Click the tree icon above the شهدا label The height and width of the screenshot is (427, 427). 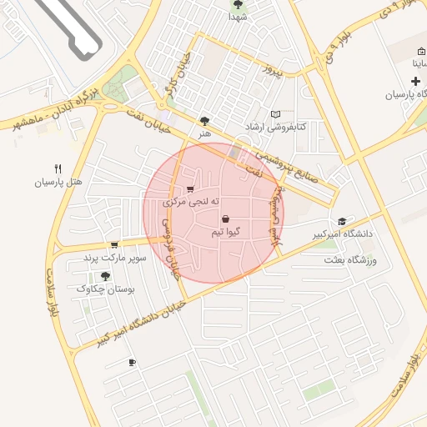pos(238,4)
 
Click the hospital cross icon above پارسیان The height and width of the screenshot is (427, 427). pos(415,82)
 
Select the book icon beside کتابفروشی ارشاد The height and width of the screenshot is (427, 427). pos(276,114)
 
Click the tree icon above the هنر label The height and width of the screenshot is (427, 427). pos(205,122)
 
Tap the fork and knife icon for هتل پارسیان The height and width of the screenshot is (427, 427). pos(58,168)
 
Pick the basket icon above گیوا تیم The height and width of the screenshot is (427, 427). pos(226,218)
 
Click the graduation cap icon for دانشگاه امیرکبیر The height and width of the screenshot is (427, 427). pos(341,221)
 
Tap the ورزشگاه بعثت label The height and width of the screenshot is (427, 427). pos(351,261)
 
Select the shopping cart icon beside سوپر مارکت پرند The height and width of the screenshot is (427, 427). pos(113,245)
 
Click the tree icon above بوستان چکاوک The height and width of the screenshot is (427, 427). pos(104,276)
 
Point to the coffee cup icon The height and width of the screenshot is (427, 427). pos(132,362)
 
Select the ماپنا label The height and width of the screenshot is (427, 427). pos(416,63)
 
